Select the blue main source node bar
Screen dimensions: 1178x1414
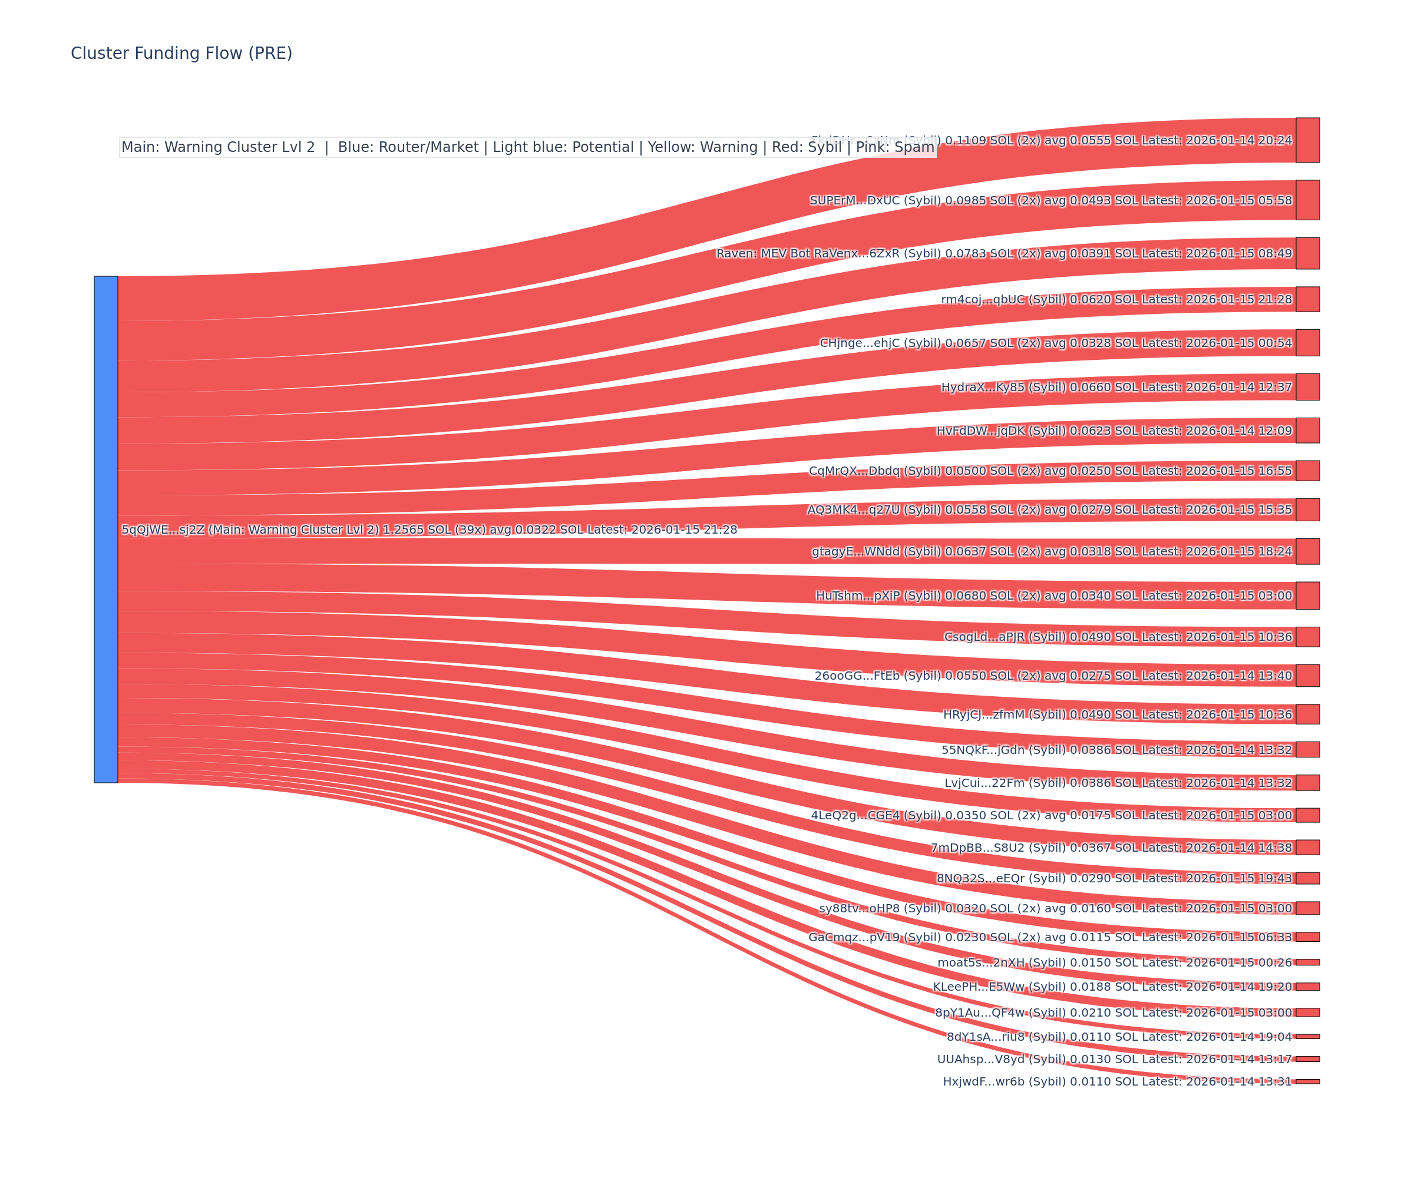coord(105,529)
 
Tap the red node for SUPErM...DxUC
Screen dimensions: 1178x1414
coord(1307,200)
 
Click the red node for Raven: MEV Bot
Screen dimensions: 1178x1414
coord(1307,253)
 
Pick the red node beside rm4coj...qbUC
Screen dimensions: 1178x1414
coord(1307,299)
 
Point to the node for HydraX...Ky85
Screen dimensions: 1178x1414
coord(1307,387)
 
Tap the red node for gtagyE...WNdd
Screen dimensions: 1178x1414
coord(1307,551)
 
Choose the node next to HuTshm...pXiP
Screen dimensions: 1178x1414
coord(1307,595)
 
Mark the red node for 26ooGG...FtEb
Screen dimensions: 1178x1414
coord(1307,675)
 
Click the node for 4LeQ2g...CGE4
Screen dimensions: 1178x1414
coord(1307,815)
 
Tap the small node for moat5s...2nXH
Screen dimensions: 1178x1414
coord(1307,962)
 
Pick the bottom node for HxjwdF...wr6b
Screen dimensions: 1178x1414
coord(1307,1082)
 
